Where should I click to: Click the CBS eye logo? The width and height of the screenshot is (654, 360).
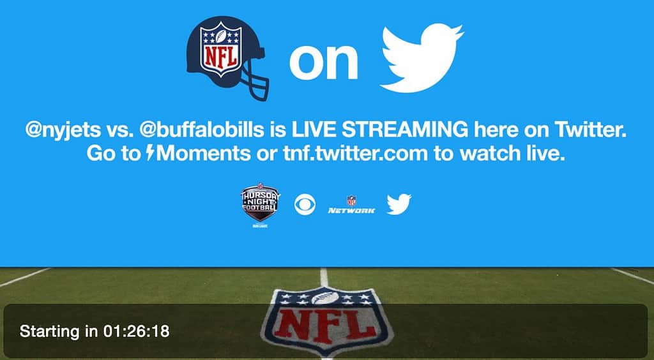coord(306,205)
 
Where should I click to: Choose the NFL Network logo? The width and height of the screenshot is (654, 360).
coord(351,206)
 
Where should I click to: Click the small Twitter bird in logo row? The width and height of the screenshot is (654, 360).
coord(399,205)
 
